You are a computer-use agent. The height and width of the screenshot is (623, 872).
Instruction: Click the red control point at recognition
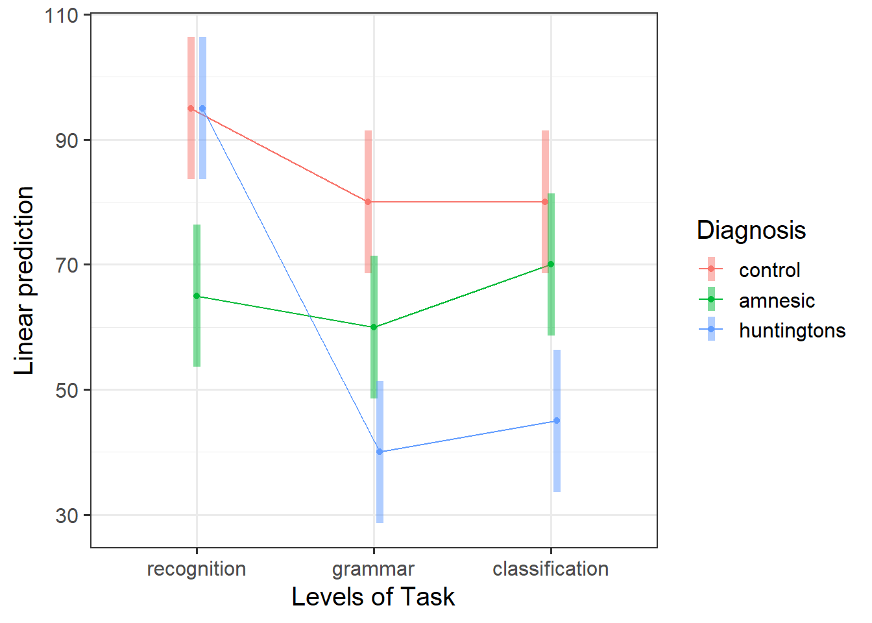(191, 108)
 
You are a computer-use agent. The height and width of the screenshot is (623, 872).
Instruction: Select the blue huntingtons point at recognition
(202, 108)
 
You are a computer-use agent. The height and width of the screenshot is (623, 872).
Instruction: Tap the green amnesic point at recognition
(197, 296)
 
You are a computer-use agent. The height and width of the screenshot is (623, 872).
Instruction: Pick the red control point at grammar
(368, 202)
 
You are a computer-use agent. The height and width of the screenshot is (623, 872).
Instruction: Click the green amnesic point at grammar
(374, 327)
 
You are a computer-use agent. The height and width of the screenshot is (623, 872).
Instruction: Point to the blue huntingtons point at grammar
(380, 452)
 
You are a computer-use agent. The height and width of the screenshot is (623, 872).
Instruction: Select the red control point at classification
(545, 202)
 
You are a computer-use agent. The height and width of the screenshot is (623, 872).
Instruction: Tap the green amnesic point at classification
(551, 264)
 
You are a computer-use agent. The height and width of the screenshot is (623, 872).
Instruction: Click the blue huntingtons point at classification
(557, 421)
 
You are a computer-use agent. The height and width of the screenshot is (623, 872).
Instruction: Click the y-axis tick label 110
(61, 15)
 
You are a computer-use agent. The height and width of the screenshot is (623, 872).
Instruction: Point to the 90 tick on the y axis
(67, 140)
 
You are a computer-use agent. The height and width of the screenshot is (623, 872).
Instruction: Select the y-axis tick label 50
(67, 390)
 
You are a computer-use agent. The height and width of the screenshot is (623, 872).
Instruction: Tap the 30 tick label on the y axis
(67, 515)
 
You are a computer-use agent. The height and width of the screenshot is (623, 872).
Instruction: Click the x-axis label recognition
(197, 569)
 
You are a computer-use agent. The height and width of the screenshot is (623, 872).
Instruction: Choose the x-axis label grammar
(373, 569)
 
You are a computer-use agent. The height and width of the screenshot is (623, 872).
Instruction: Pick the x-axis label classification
(551, 569)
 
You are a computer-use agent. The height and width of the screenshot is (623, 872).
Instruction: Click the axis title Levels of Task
(373, 597)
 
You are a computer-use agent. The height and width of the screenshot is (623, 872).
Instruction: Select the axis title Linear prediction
(24, 280)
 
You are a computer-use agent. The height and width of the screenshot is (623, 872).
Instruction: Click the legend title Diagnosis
(751, 230)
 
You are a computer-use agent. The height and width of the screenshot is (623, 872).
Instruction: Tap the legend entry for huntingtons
(792, 330)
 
